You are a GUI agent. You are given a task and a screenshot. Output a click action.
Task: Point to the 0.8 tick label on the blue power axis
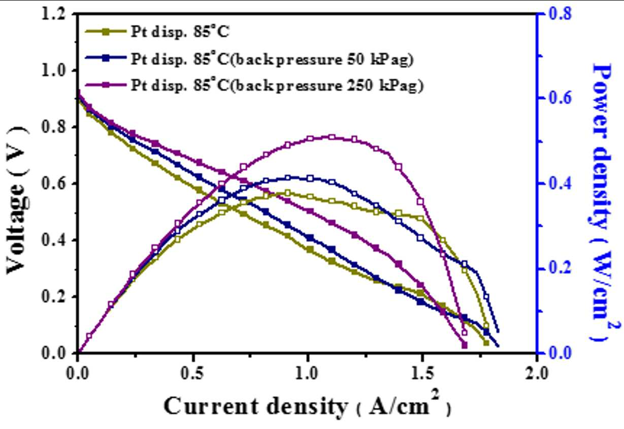tap(560, 13)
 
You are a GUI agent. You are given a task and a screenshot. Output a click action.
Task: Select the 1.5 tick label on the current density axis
tap(422, 373)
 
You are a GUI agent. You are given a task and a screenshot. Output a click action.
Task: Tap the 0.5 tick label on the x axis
tap(192, 373)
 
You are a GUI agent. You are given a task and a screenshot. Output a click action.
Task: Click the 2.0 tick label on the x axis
tap(537, 373)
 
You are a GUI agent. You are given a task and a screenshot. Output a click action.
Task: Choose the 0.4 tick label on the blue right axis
tap(560, 183)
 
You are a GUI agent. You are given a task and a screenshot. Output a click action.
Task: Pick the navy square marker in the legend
tap(106, 58)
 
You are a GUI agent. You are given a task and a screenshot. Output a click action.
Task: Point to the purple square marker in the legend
tap(106, 85)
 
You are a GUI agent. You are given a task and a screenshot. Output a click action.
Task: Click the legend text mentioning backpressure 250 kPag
tap(277, 85)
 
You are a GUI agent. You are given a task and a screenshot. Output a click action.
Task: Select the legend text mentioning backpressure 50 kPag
tap(272, 59)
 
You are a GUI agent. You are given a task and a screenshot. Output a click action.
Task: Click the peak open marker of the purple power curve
tap(332, 137)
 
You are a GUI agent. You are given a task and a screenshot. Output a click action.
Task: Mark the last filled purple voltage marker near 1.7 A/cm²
tap(465, 345)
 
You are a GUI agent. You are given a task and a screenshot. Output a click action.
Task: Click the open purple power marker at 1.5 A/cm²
tap(420, 202)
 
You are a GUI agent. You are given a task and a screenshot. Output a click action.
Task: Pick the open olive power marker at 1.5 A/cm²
tap(420, 218)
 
